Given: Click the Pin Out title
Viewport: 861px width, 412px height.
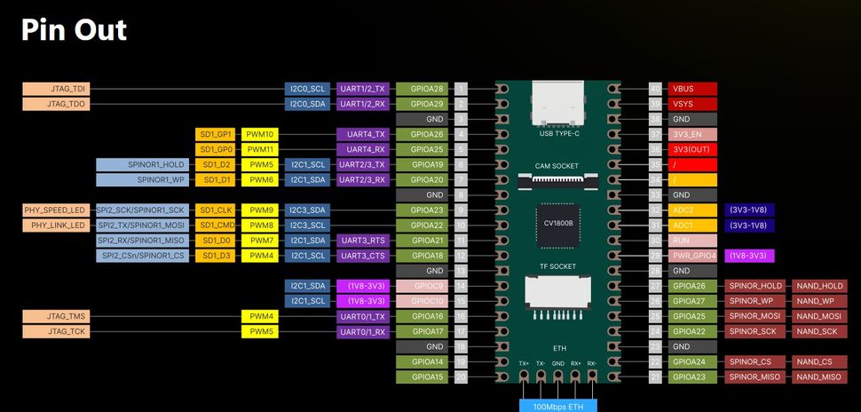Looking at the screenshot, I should coord(75,30).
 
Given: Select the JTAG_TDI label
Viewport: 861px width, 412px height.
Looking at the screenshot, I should coord(55,89).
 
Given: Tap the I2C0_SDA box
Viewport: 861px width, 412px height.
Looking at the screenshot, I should coord(308,104).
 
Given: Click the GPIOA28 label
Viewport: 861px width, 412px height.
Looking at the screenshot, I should coord(421,89).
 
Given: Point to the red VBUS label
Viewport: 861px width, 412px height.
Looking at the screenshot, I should coord(692,89).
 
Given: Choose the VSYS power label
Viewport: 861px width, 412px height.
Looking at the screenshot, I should coord(692,104).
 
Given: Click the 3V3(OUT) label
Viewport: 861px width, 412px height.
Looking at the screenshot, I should coord(692,149).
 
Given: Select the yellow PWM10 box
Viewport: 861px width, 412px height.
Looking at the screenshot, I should coord(260,134).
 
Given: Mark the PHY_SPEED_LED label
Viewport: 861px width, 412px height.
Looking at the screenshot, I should coord(55,210).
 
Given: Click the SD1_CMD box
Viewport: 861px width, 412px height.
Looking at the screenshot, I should coord(216,226).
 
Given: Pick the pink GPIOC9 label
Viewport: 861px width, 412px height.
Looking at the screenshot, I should coord(421,286).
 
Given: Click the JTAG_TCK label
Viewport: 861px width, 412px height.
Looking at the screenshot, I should coord(55,331).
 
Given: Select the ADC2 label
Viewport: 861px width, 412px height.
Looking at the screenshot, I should coord(692,210).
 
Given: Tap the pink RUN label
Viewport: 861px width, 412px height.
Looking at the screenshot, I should coord(692,241).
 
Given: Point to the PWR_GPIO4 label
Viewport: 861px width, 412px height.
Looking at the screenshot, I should coord(692,256).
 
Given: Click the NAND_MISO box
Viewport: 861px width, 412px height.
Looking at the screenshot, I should coord(819,376).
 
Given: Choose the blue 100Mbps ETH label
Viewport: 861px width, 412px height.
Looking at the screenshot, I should coord(558,405).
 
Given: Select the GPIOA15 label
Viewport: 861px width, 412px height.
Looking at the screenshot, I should coord(421,376).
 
